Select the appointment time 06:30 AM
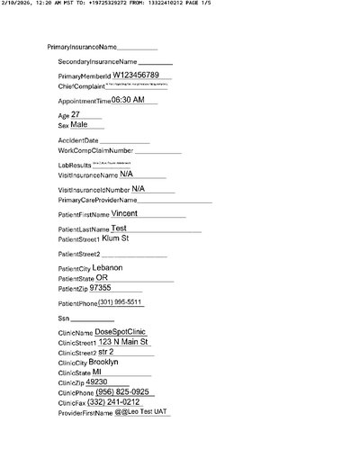tap(128, 101)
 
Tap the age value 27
tap(76, 115)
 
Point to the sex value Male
tap(80, 125)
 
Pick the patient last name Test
tap(112, 229)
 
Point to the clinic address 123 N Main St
tap(124, 342)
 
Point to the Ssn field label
tap(63, 319)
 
